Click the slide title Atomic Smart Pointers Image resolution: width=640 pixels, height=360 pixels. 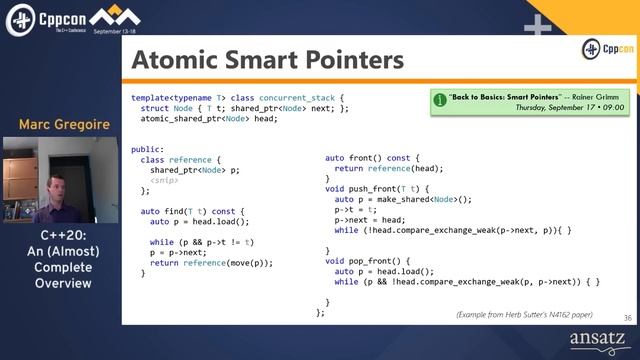(267, 60)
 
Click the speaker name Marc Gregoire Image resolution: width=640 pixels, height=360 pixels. (59, 125)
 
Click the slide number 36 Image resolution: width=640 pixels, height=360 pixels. (627, 317)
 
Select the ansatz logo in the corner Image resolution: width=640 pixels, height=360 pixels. (596, 341)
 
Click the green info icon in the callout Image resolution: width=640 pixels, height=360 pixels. (440, 101)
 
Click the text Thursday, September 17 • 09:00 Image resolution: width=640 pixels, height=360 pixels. (569, 106)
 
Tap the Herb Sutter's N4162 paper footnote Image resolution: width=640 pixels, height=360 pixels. (531, 314)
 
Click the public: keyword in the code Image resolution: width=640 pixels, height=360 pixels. (146, 149)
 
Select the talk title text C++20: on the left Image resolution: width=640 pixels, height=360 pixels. (59, 237)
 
